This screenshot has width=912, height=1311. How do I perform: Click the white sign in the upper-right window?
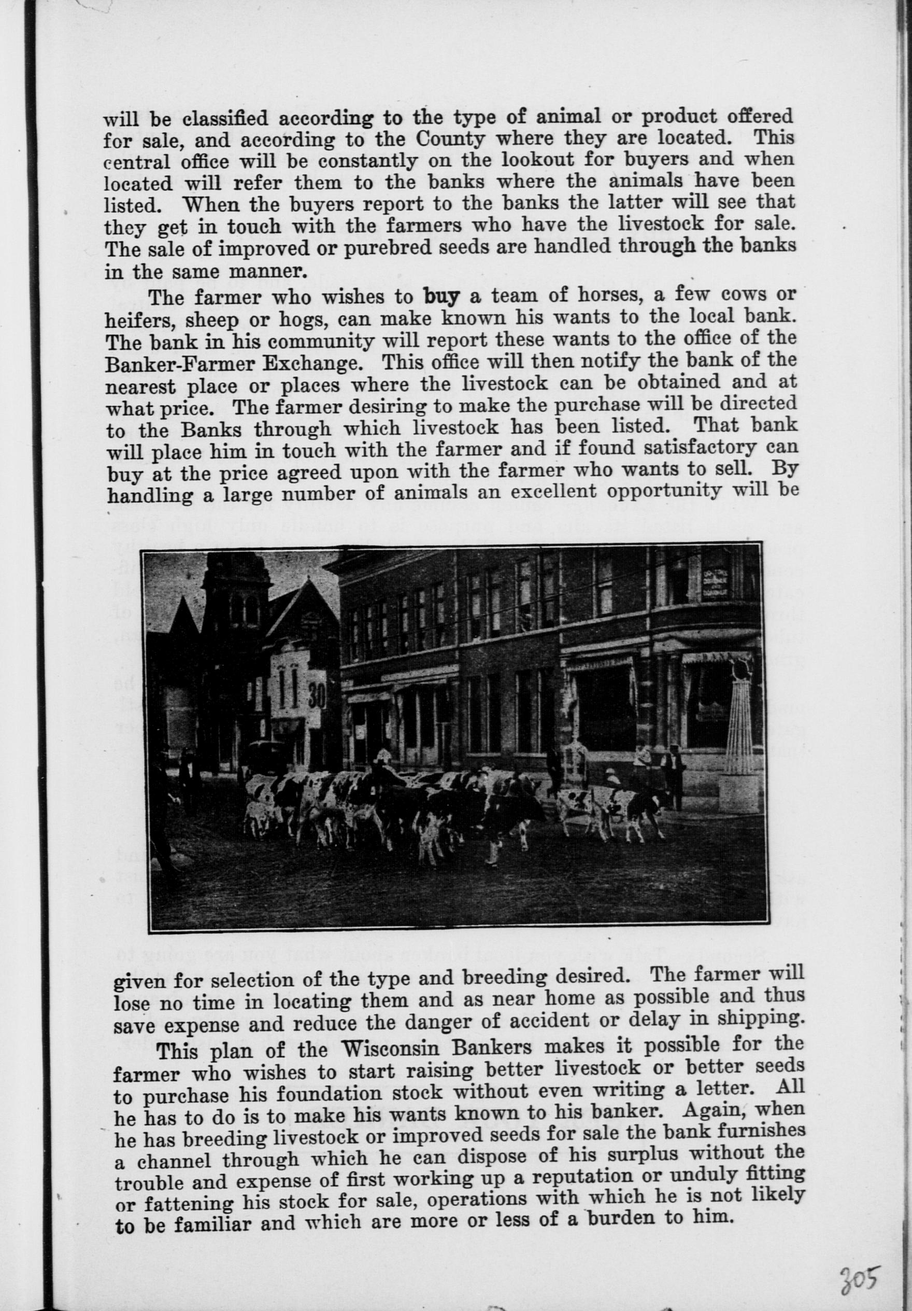[714, 585]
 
